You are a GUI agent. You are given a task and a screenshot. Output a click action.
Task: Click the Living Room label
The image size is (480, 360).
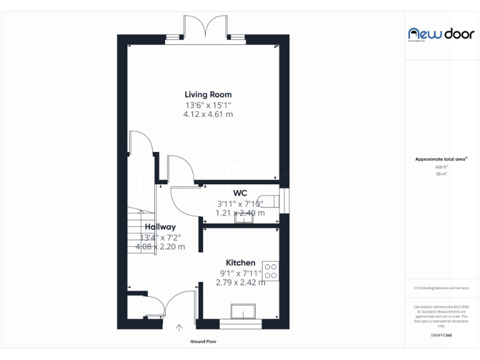click(x=207, y=95)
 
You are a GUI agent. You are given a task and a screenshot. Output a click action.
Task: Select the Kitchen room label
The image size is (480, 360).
click(x=240, y=262)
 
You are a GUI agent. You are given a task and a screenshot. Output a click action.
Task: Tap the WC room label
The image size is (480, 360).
click(x=240, y=193)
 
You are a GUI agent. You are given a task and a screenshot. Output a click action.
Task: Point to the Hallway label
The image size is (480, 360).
click(x=160, y=227)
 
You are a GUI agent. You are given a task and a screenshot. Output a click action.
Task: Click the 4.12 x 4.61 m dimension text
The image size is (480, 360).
click(x=207, y=114)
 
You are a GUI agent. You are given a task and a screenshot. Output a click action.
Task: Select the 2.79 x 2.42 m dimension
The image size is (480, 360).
click(x=240, y=282)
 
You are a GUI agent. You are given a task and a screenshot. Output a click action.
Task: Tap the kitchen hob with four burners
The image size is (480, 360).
click(x=271, y=271)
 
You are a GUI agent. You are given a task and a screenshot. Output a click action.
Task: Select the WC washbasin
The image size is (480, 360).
click(x=241, y=217)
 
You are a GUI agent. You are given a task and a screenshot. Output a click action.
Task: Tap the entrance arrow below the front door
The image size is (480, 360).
click(x=180, y=327)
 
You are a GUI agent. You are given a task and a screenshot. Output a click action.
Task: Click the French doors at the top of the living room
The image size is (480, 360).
click(x=205, y=29)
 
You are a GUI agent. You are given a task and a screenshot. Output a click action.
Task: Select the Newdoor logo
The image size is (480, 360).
click(x=441, y=34)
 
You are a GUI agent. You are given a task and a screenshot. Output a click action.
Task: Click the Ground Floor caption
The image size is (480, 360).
click(x=203, y=342)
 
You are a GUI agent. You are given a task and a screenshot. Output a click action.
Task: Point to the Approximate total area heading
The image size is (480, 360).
click(x=441, y=159)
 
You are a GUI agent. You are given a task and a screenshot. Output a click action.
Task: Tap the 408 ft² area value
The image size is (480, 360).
click(x=441, y=167)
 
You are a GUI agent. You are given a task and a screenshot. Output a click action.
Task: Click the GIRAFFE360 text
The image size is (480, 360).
click(x=441, y=336)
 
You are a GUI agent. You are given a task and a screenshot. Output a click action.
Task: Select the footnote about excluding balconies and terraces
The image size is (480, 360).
click(x=441, y=288)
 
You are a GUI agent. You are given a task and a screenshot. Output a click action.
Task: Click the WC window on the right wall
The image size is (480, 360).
click(x=284, y=200)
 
